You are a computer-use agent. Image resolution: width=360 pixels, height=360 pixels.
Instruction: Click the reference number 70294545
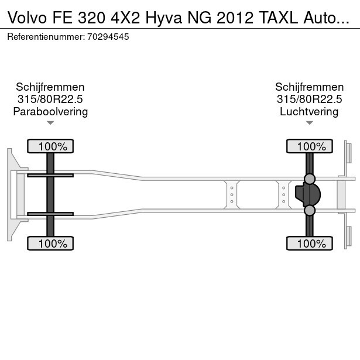(x=109, y=36)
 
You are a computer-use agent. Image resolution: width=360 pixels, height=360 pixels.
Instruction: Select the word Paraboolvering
(x=50, y=111)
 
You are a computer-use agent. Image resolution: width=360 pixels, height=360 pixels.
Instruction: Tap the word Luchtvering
(x=309, y=111)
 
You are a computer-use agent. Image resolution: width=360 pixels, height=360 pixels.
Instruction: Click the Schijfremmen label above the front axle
(x=50, y=87)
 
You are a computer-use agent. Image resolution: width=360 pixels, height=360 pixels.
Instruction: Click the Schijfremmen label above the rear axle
(x=309, y=87)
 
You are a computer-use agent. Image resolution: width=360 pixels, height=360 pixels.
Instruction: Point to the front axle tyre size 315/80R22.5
(x=50, y=99)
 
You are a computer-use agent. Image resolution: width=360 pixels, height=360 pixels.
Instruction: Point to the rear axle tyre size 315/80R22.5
(x=309, y=99)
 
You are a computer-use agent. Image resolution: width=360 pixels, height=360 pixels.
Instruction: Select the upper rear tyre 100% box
(x=310, y=146)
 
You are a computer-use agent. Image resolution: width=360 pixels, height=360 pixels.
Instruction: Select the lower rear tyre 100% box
(x=310, y=243)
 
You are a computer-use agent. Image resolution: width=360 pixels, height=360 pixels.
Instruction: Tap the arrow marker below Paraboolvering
(x=50, y=123)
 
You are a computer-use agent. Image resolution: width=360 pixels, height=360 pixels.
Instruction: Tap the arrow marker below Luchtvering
(x=309, y=123)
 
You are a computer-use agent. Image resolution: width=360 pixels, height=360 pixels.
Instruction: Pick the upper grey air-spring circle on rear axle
(x=310, y=179)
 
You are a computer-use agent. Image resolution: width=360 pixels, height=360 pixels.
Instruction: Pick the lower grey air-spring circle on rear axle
(x=310, y=210)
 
